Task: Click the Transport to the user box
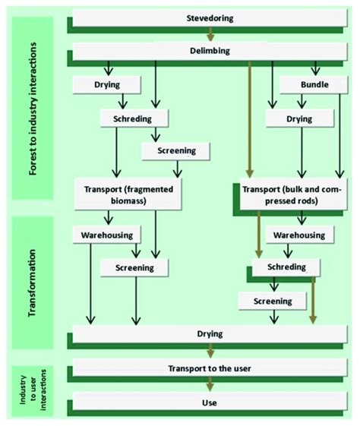point(209,368)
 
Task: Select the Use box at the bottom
point(209,402)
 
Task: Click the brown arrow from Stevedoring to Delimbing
point(212,35)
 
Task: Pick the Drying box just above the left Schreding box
point(107,84)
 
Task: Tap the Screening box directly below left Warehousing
point(134,267)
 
